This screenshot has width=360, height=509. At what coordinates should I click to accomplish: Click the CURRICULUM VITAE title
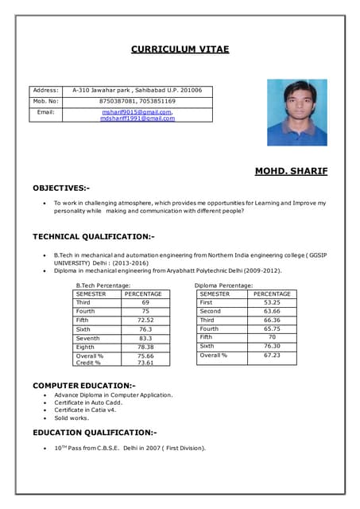[x=180, y=49]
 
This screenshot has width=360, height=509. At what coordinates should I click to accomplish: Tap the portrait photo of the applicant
[x=296, y=112]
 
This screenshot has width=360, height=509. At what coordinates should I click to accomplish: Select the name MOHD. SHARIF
[x=290, y=171]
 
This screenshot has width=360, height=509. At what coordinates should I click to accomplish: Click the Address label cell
[x=45, y=91]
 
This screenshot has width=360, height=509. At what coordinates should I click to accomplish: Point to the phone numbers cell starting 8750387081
[x=137, y=102]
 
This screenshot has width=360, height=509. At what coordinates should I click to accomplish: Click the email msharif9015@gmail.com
[x=137, y=112]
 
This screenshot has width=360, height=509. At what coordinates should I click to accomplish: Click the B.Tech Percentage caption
[x=103, y=285]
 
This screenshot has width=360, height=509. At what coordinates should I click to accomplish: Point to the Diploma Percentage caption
[x=223, y=285]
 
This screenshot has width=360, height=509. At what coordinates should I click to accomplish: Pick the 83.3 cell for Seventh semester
[x=145, y=338]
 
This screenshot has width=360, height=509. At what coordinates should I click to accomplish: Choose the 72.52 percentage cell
[x=145, y=321]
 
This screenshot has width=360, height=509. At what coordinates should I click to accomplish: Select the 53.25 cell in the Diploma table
[x=272, y=302]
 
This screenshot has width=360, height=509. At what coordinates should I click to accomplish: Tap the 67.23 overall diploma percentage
[x=272, y=356]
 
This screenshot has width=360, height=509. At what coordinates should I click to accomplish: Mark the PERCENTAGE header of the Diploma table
[x=272, y=293]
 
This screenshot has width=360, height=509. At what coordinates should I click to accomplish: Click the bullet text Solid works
[x=71, y=418]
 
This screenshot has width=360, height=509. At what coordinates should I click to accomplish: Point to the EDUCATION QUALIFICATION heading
[x=95, y=433]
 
